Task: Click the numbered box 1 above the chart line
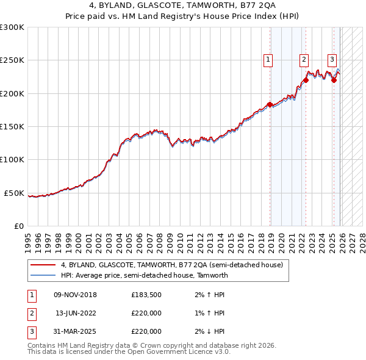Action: [x=268, y=60]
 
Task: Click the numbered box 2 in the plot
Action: [x=304, y=60]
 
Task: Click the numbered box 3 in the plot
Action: [x=332, y=60]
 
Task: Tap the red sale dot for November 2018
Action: [x=270, y=104]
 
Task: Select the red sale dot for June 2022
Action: [x=306, y=80]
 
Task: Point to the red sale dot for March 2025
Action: [x=334, y=80]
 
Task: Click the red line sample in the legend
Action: [x=43, y=265]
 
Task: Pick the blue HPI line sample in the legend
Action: [x=43, y=275]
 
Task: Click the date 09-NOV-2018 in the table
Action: [x=75, y=295]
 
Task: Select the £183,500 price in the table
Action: [x=146, y=295]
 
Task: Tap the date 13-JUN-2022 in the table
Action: [x=75, y=314]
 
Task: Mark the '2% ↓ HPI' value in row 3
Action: [x=207, y=332]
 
